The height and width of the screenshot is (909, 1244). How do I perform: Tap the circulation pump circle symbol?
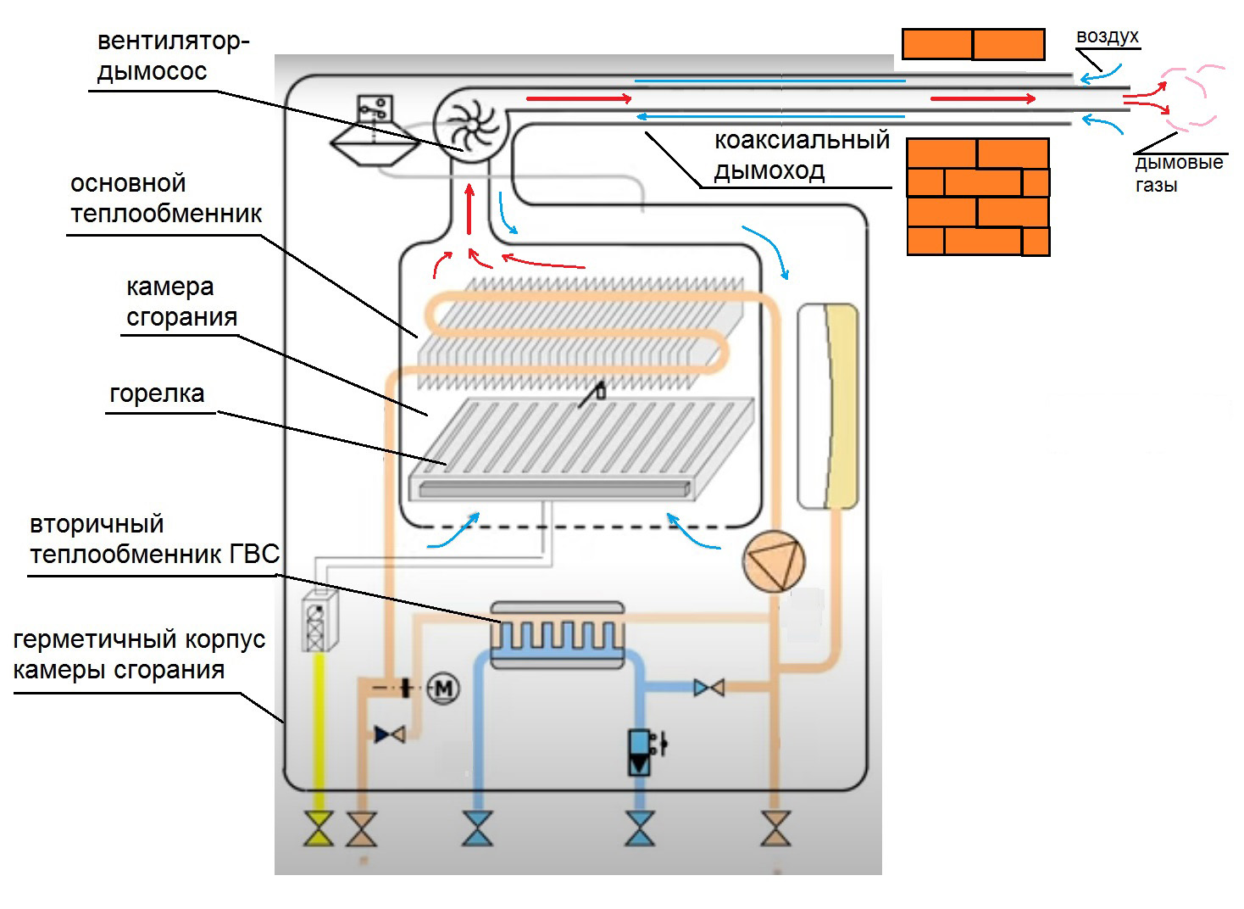click(x=773, y=560)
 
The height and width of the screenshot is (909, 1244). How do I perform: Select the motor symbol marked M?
click(x=442, y=689)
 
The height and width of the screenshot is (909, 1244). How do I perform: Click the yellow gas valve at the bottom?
click(x=319, y=828)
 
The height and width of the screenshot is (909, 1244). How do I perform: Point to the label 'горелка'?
click(x=157, y=394)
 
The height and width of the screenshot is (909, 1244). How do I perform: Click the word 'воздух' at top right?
click(x=1107, y=36)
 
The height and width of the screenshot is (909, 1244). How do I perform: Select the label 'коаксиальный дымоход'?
click(x=801, y=155)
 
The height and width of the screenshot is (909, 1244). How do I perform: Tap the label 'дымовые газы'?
click(x=1178, y=174)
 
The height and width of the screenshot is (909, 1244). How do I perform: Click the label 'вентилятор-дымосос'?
click(x=173, y=56)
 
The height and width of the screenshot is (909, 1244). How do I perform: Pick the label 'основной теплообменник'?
click(x=166, y=198)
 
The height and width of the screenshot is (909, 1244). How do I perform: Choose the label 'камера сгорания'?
click(x=180, y=302)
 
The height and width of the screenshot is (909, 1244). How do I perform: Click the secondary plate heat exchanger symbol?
click(x=558, y=634)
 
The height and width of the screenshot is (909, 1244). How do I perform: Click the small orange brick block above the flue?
click(x=972, y=44)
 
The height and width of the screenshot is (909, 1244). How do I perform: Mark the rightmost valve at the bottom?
click(x=775, y=828)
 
